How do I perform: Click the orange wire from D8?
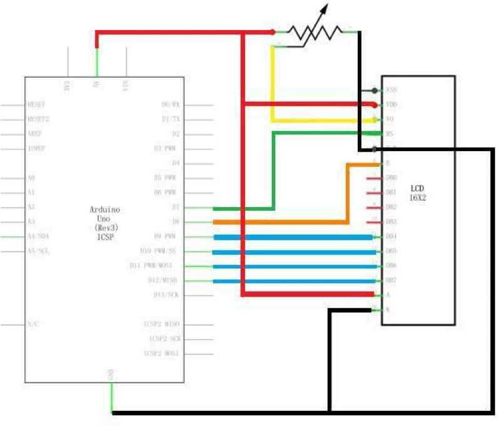click(282, 222)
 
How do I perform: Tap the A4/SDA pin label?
click(39, 237)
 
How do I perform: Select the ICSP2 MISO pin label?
click(162, 324)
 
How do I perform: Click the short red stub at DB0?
click(373, 178)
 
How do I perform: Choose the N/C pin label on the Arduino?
click(33, 324)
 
